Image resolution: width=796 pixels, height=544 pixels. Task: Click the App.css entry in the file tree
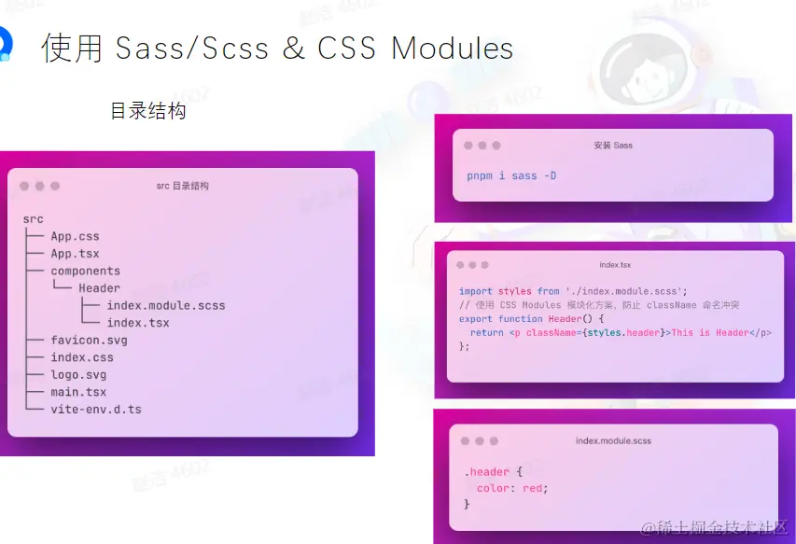[76, 236]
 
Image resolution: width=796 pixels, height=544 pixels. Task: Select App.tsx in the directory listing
[76, 254]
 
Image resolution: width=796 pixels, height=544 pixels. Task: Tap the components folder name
[85, 271]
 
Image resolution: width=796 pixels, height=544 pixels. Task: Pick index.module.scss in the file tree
[166, 305]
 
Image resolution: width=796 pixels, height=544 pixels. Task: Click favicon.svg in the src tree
[89, 340]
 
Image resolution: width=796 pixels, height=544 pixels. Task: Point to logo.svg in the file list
[78, 374]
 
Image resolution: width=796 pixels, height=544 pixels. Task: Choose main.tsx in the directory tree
[78, 392]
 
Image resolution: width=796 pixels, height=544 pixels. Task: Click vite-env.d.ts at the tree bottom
[96, 409]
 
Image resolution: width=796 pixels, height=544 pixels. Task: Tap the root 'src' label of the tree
[33, 219]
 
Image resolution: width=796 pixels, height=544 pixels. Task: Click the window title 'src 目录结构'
[182, 186]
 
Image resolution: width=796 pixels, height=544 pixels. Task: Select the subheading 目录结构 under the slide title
[148, 111]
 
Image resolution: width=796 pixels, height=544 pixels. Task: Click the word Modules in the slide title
[453, 49]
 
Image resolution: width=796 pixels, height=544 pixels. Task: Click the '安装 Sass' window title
[613, 146]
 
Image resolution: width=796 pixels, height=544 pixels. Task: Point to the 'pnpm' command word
[480, 176]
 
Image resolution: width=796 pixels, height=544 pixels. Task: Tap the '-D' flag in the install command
[551, 175]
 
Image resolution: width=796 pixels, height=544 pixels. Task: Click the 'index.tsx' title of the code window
[615, 265]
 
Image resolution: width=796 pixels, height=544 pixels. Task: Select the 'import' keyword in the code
[476, 291]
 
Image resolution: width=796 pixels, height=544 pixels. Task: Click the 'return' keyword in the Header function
[487, 333]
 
